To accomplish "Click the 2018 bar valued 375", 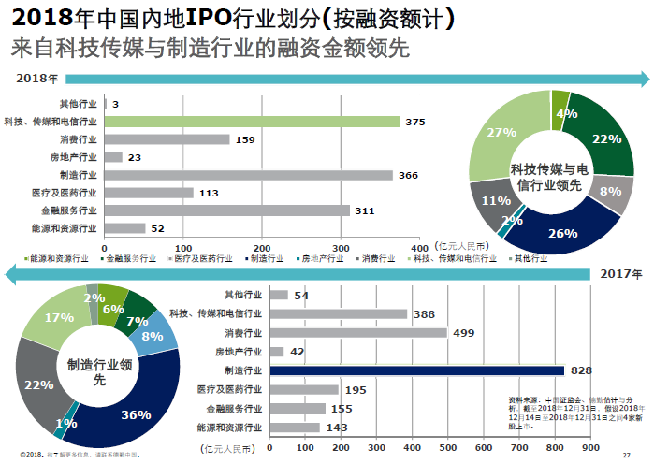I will [253, 122].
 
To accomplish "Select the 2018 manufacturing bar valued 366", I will [249, 175].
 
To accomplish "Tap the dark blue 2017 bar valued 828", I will [416, 370].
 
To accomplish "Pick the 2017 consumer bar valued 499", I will [357, 333].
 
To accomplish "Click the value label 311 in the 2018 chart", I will [365, 210].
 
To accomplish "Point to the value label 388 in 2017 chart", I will [424, 314].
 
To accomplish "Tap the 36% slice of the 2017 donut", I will [136, 412].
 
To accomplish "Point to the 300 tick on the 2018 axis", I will [342, 247].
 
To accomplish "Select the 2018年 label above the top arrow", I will [36, 79].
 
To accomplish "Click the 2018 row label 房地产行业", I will [75, 157].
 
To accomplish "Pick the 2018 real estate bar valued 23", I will [113, 157].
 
